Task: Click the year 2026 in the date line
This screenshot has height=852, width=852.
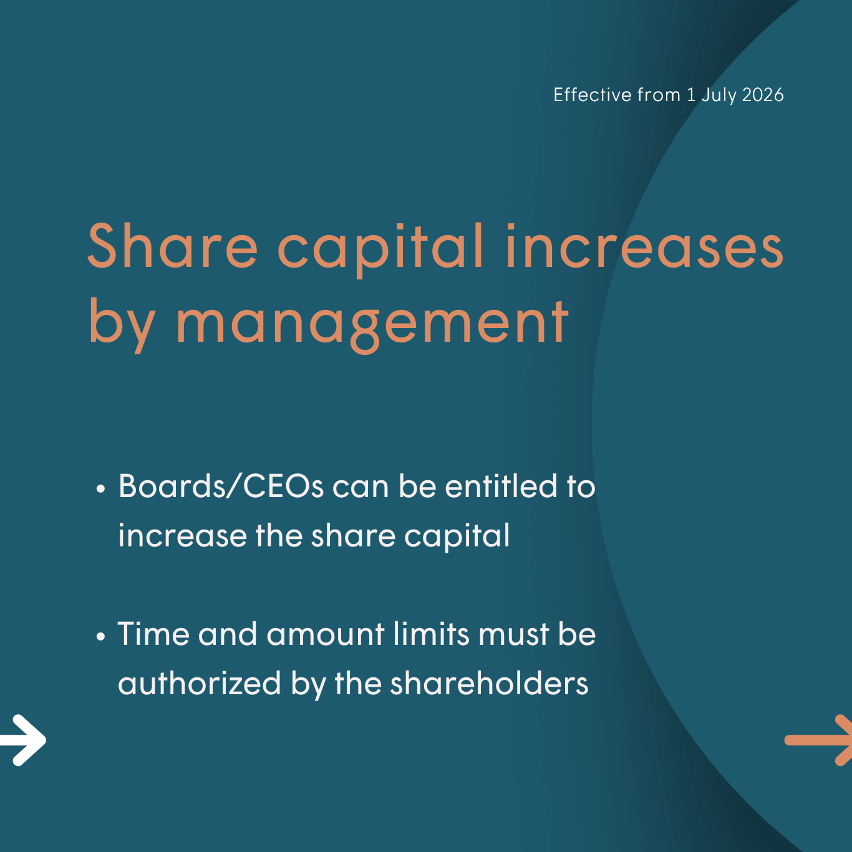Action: (763, 95)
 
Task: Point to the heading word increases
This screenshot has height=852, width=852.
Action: (645, 246)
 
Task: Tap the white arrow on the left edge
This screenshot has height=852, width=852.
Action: (23, 740)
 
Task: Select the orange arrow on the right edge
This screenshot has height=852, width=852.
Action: (818, 740)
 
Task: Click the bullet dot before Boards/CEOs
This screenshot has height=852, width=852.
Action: (101, 489)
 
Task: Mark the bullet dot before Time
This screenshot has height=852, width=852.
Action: (101, 637)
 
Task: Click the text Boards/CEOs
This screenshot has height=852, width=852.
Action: (221, 487)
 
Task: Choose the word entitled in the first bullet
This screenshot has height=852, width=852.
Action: (501, 486)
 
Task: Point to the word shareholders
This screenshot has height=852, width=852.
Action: (489, 683)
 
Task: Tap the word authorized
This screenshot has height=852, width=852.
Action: (200, 683)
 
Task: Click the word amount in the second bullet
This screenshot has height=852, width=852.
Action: (326, 635)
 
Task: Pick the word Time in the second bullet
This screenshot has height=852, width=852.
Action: (153, 634)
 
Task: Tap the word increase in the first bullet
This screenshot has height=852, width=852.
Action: (183, 536)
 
